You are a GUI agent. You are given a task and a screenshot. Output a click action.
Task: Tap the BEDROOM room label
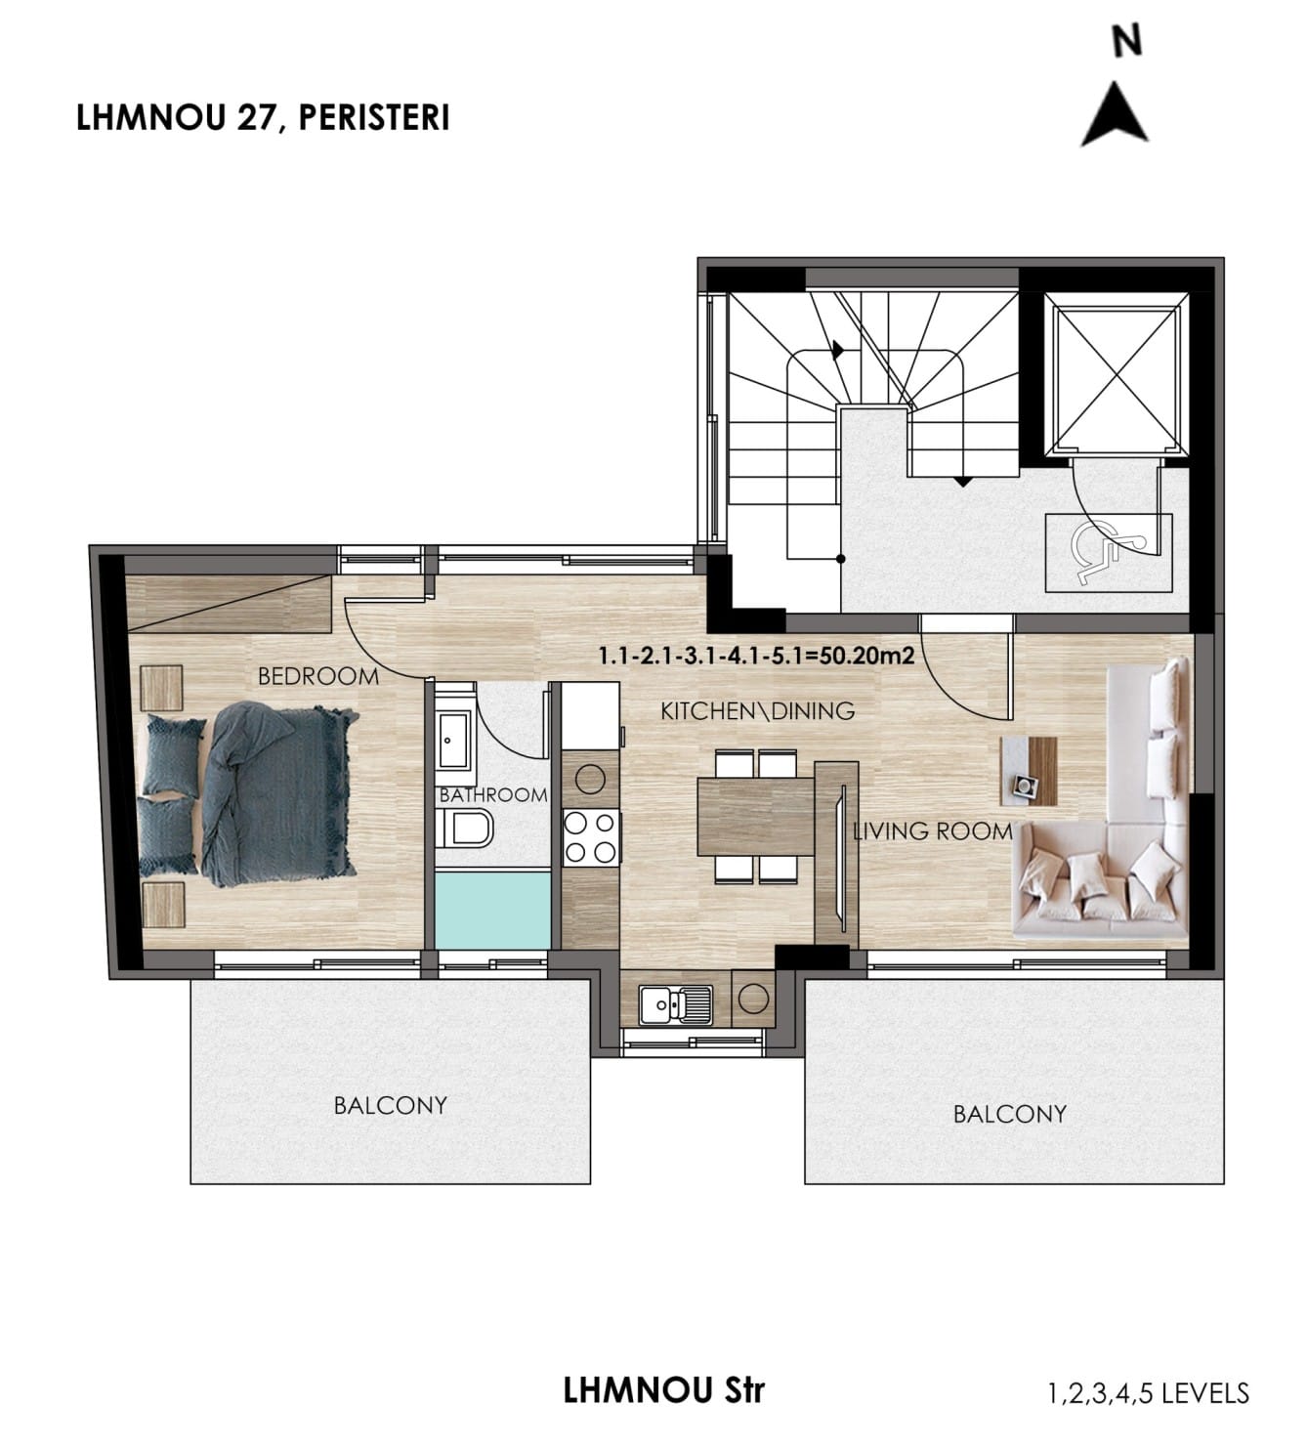pyautogui.click(x=318, y=677)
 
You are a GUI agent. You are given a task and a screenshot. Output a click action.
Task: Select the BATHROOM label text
pyautogui.click(x=493, y=795)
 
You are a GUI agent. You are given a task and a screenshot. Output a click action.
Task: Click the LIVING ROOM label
pyautogui.click(x=933, y=831)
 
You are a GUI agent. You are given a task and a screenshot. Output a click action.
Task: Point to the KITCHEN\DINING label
pyautogui.click(x=757, y=711)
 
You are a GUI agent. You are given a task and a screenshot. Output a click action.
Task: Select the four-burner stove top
pyautogui.click(x=591, y=837)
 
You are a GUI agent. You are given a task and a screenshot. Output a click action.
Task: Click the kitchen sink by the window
pyautogui.click(x=675, y=1004)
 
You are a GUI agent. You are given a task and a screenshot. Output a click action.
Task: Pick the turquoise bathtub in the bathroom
pyautogui.click(x=492, y=910)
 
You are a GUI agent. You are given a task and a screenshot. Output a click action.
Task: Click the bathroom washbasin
pyautogui.click(x=454, y=739)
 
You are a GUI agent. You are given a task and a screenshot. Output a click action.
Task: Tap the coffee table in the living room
pyautogui.click(x=1028, y=771)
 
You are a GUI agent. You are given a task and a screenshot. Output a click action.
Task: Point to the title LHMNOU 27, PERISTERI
pyautogui.click(x=263, y=117)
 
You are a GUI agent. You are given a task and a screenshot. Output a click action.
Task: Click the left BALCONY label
pyautogui.click(x=390, y=1106)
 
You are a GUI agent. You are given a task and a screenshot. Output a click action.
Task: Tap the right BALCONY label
pyautogui.click(x=1009, y=1115)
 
